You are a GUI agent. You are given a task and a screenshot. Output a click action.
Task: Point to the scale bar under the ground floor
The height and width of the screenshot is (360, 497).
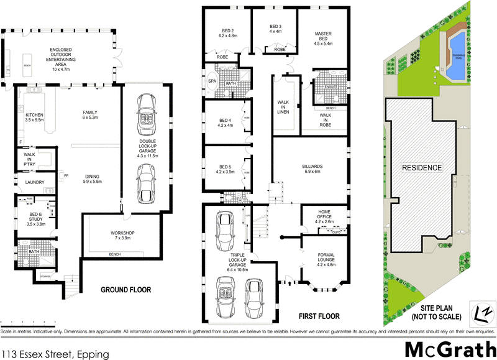click(28, 323)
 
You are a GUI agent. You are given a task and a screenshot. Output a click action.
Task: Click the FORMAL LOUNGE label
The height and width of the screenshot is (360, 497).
click(326, 259)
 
